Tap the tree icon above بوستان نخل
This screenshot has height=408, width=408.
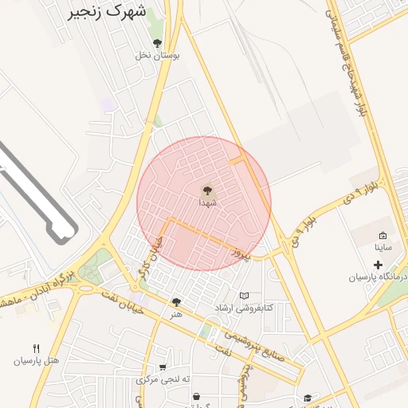coord(157,43)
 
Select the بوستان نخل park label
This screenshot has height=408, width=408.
coord(157,55)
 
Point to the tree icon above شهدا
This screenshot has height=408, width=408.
coord(207,190)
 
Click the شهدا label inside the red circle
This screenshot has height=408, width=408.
coord(207,202)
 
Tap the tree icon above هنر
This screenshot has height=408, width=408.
coord(176,302)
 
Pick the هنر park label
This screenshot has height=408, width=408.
coord(176,314)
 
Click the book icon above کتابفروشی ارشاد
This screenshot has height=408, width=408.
coord(244,296)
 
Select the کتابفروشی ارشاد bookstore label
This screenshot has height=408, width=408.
coord(244,308)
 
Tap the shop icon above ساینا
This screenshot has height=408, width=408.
coord(382,236)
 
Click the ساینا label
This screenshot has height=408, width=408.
coord(383,248)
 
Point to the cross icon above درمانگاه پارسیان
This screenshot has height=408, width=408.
coord(378,265)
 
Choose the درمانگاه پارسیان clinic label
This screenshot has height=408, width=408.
coord(377,277)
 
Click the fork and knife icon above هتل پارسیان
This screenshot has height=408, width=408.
coord(36,348)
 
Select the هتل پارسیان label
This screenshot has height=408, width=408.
coord(36,360)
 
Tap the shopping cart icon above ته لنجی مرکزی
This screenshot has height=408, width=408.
coord(163,367)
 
